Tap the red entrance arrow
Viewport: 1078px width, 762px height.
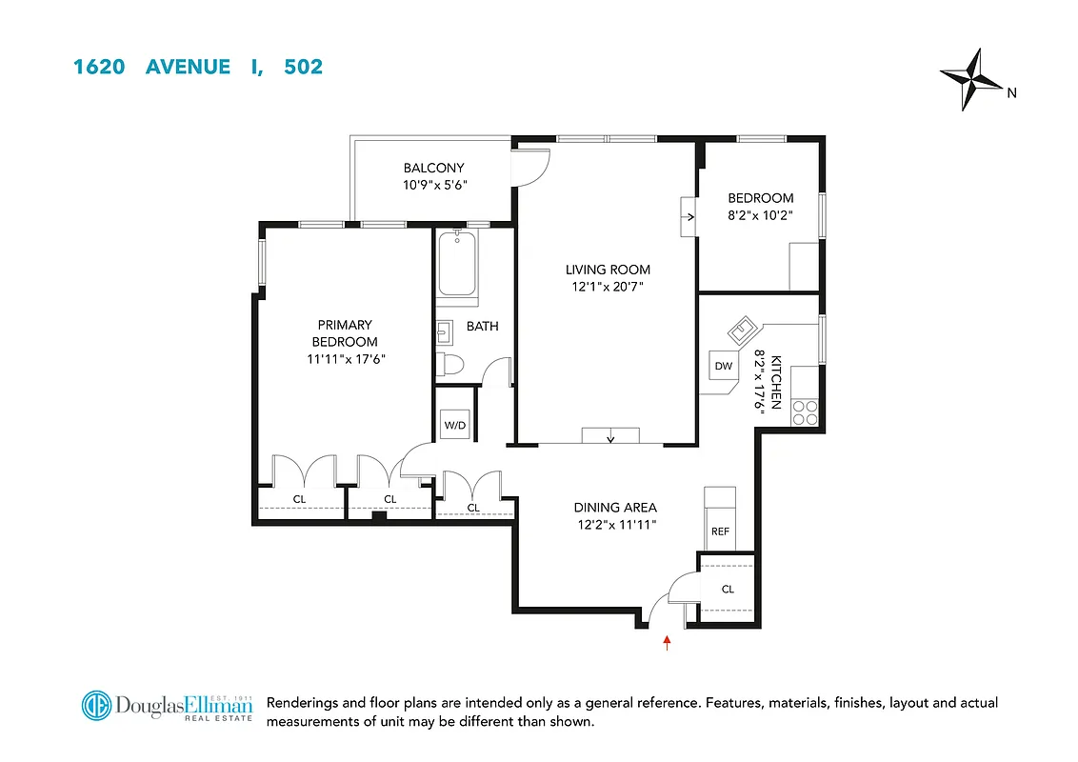(x=667, y=643)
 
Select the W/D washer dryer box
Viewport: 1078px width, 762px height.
(x=454, y=424)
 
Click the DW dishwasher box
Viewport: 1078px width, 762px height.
(x=723, y=366)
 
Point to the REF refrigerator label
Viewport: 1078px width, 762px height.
(x=720, y=531)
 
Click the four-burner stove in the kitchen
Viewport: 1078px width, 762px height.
(x=806, y=411)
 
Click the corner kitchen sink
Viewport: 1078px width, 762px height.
(x=742, y=331)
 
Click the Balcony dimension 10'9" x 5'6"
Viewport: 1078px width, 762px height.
(x=434, y=186)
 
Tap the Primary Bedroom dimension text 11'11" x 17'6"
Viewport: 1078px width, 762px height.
(x=345, y=358)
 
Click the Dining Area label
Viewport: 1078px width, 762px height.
(x=614, y=508)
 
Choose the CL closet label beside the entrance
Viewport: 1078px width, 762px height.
(x=728, y=589)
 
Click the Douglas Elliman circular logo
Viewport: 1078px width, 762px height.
(x=96, y=707)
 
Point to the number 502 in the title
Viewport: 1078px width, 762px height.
(x=304, y=67)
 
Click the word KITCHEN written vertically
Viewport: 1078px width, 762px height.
(x=776, y=382)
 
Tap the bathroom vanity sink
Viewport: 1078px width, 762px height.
(x=445, y=332)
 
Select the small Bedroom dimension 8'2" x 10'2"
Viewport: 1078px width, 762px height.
(x=760, y=214)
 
